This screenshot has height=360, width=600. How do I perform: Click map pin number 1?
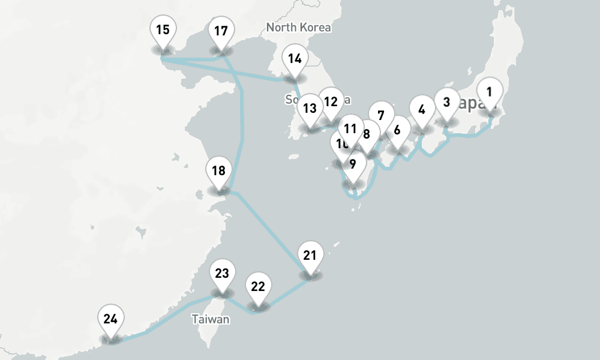[x=489, y=92]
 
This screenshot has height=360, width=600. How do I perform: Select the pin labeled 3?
[x=446, y=102]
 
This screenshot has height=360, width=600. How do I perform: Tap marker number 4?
[x=422, y=110]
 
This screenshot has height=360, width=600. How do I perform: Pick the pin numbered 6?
[x=397, y=130]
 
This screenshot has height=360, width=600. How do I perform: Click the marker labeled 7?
[x=380, y=115]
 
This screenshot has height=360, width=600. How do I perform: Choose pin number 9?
[x=353, y=164]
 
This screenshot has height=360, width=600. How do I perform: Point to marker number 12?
[x=331, y=101]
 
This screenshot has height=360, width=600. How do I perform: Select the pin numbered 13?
[x=310, y=109]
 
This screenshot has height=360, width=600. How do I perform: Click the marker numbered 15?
[x=163, y=29]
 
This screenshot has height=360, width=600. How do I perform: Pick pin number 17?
[x=221, y=31]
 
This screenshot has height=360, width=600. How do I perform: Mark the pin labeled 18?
[x=218, y=170]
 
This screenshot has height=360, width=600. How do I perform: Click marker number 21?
[x=310, y=256]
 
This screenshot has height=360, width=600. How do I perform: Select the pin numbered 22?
[x=258, y=286]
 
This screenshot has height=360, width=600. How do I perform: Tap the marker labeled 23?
[x=222, y=274]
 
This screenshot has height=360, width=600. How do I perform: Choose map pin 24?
[x=110, y=319]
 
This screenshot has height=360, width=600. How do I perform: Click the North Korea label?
[x=298, y=28]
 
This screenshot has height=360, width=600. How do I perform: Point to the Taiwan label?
[x=211, y=319]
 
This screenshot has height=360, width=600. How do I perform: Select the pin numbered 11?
[x=351, y=128]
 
